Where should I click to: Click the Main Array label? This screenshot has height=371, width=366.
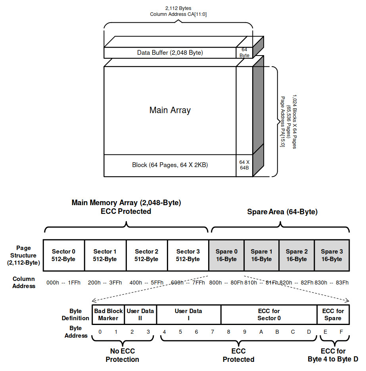coord(170,110)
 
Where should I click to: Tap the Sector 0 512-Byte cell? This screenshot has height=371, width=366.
coord(63,255)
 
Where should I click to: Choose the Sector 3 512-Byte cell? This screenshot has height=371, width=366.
coord(188,255)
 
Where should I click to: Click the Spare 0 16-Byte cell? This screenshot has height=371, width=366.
coord(226,255)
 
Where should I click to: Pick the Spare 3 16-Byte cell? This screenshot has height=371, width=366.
coord(332,255)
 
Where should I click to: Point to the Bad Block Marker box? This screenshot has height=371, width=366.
coord(108,315)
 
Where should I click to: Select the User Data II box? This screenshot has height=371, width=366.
coord(140,315)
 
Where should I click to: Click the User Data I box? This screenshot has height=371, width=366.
coord(189,315)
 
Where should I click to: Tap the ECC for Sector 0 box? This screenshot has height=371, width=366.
coord(269,315)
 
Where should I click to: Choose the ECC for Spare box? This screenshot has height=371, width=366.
coord(333,315)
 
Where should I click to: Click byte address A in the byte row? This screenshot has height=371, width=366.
coord(261,332)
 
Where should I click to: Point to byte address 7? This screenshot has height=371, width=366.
coord(213,332)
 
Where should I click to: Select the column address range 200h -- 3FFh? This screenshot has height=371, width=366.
coord(105,283)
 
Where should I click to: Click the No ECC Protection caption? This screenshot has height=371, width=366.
coord(122,355)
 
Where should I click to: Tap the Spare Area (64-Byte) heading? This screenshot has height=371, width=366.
coord(282,212)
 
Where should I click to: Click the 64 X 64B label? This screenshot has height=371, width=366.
coord(244,165)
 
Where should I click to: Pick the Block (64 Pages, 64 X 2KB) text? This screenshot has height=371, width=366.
coord(170,165)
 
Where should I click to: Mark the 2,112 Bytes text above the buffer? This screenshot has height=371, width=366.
coord(178,8)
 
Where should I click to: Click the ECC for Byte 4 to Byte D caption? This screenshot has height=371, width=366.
coord(333,355)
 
